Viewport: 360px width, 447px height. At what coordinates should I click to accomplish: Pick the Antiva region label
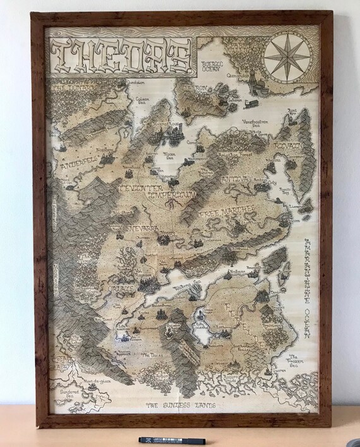point(235,180)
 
